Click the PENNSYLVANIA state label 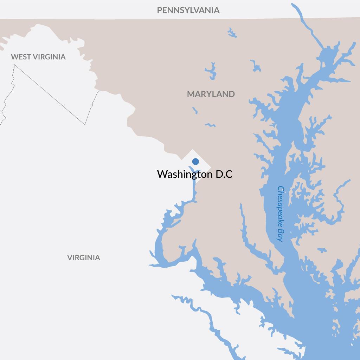point(188,10)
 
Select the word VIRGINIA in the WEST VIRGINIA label point(49,57)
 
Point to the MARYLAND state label point(211,94)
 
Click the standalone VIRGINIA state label point(84,258)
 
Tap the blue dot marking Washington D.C point(195,162)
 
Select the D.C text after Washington point(224,175)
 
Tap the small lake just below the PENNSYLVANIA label point(232,33)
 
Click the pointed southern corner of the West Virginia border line point(85,124)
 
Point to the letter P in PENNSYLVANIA point(159,10)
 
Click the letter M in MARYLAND point(191,94)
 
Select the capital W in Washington point(162,175)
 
